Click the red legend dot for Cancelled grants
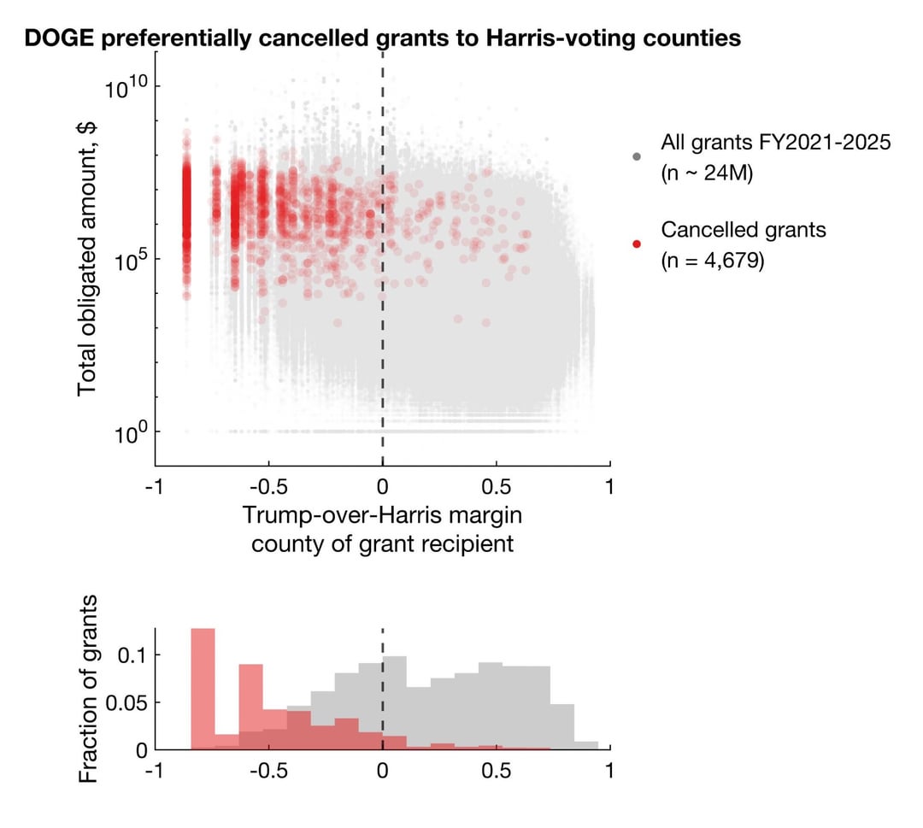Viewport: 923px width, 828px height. [x=636, y=244]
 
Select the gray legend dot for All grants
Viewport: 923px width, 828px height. [x=636, y=156]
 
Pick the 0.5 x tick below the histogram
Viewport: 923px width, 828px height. [x=496, y=771]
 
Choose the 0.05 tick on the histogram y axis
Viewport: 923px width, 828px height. [x=126, y=702]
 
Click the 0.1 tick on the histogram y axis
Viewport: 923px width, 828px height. [x=133, y=655]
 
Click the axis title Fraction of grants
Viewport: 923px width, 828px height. [x=89, y=689]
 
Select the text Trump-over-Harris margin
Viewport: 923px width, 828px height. [x=382, y=516]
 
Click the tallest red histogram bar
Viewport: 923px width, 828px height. [x=203, y=688]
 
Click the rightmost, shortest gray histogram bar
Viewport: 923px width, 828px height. [x=586, y=746]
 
